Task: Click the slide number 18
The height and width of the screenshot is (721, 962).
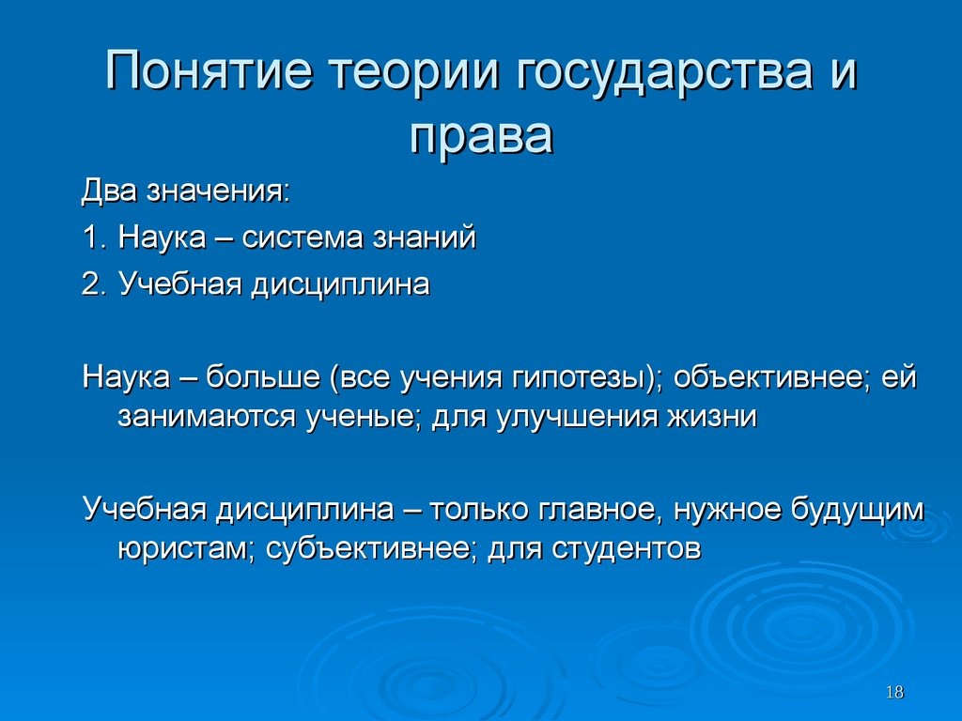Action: tap(894, 692)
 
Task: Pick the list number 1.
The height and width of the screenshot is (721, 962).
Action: tap(92, 238)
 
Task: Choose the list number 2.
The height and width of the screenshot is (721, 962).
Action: tap(93, 284)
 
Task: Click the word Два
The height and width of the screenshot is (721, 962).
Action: tap(109, 192)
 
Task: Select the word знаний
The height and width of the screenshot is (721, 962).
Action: tap(416, 238)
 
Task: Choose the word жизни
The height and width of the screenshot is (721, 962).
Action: tap(712, 417)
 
